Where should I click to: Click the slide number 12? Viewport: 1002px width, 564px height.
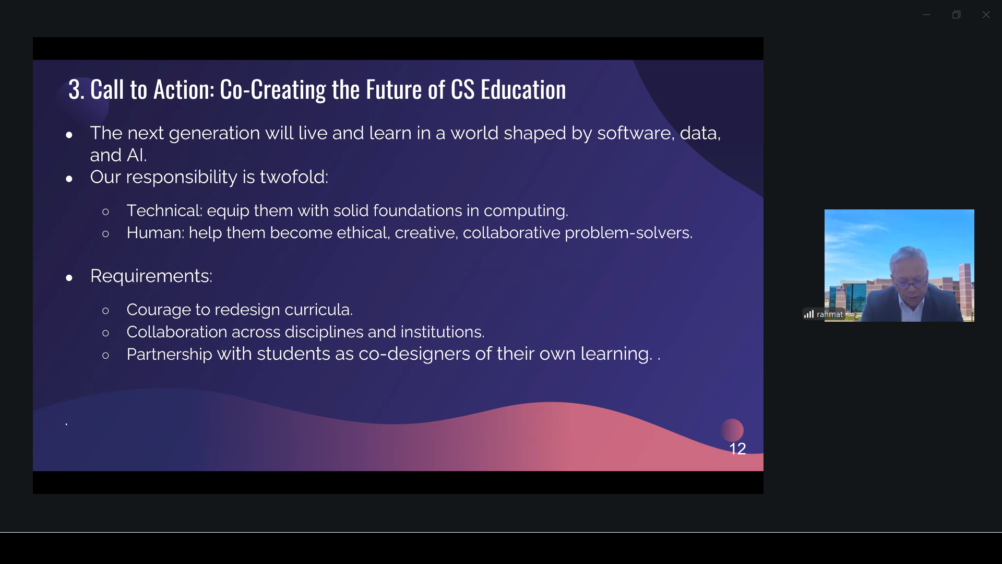737,449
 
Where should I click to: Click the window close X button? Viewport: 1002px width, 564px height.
986,15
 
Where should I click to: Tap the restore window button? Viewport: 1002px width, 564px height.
956,15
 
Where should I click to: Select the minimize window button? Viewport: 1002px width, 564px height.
926,15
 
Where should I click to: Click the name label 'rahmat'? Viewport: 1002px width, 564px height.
830,314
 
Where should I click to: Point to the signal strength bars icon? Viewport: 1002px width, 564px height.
809,314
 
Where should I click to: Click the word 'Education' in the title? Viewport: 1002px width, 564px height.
523,89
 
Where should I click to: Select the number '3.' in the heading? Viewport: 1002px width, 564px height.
76,89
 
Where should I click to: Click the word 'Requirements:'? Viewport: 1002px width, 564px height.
151,276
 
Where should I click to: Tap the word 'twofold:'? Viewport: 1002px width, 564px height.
294,177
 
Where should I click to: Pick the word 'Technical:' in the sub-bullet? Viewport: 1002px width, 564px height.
164,210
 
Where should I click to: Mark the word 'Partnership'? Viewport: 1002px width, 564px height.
169,354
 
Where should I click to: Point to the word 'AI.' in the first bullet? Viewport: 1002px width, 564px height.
137,155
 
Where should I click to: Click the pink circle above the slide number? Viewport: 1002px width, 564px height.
732,430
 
